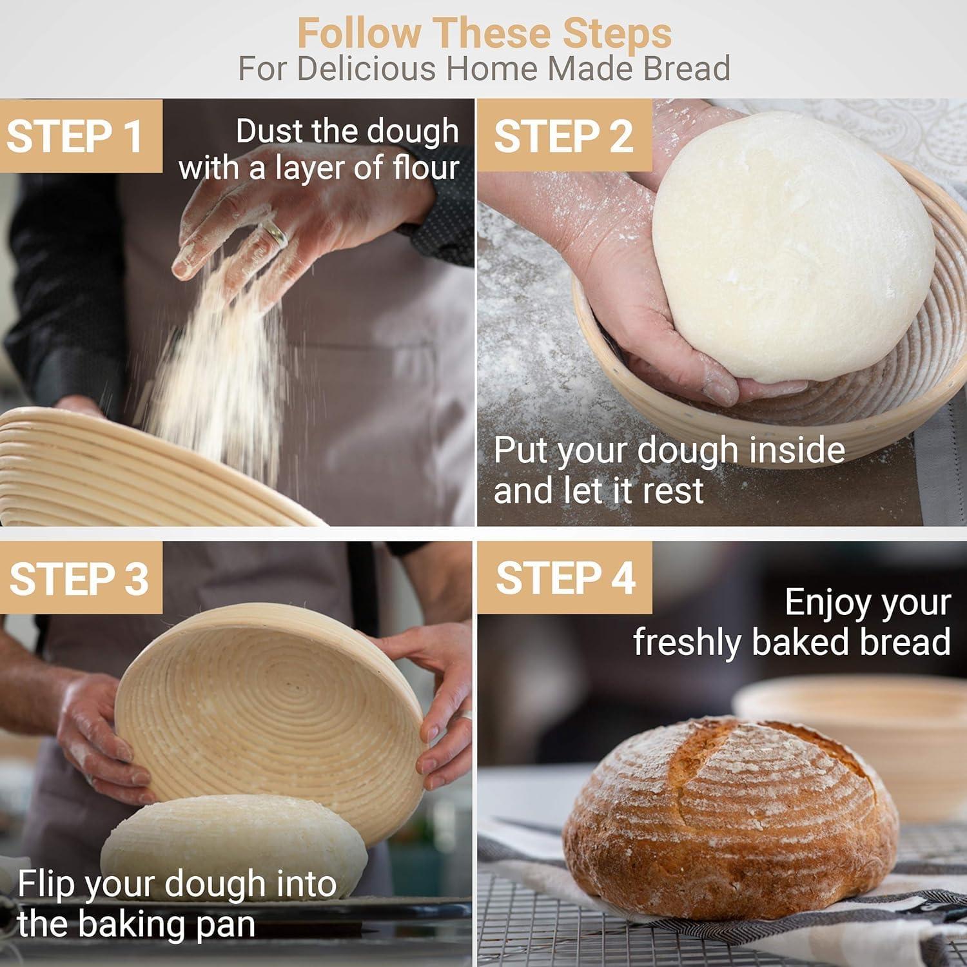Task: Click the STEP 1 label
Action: pyautogui.click(x=75, y=136)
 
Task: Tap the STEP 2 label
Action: pyautogui.click(x=563, y=136)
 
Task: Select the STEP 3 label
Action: pyautogui.click(x=79, y=578)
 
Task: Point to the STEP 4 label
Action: pyautogui.click(x=565, y=578)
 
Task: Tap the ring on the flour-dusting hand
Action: pyautogui.click(x=275, y=233)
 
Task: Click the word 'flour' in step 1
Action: pyautogui.click(x=425, y=168)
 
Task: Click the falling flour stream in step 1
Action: pyautogui.click(x=219, y=361)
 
